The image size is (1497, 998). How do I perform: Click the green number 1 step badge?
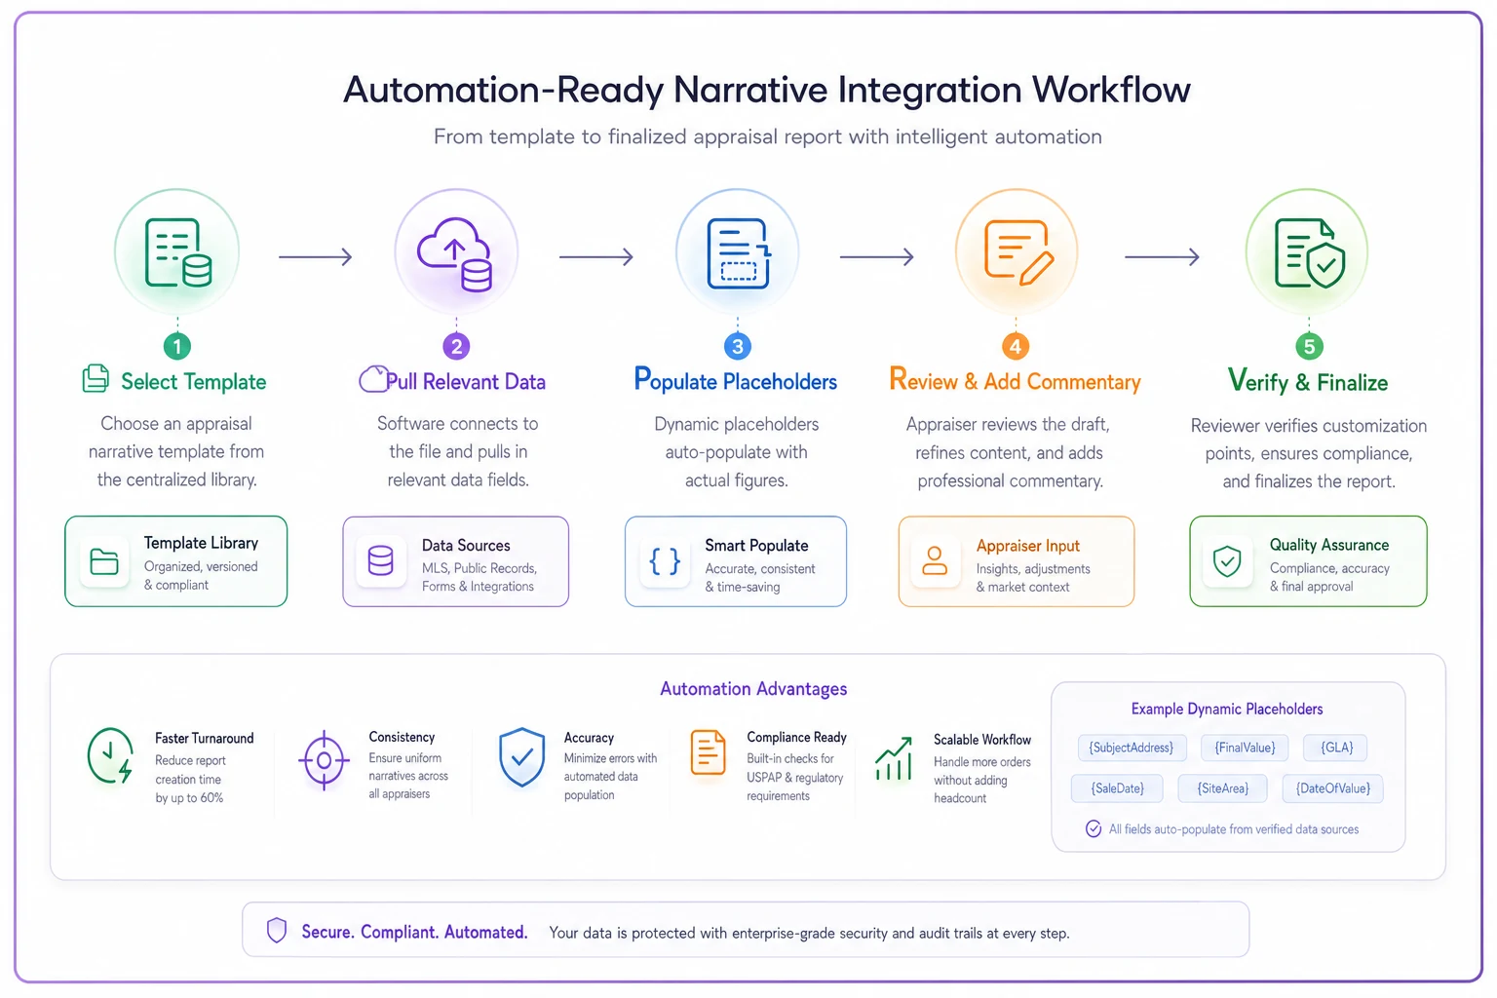pos(177,346)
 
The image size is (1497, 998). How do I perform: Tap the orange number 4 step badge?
pos(1016,346)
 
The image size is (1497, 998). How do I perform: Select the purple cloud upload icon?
pos(455,254)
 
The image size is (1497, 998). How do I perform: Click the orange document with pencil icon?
pos(1018,252)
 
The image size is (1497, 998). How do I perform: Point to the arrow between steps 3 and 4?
pos(877,256)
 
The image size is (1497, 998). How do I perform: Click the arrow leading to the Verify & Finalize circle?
pos(1162,256)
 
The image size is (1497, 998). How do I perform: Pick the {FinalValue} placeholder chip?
pos(1245,748)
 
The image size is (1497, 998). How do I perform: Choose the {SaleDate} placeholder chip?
pos(1117,788)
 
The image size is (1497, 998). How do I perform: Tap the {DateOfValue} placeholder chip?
pos(1332,788)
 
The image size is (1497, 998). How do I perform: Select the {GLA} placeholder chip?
pos(1336,748)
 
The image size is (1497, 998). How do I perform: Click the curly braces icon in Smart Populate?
pos(665,561)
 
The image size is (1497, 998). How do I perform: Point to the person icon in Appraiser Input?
pos(935,560)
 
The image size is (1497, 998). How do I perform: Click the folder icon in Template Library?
pos(104,561)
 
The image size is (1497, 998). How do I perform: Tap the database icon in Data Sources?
pos(380,560)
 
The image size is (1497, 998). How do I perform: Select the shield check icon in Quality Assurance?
pos(1227,560)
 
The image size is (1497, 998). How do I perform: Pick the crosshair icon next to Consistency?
pos(325,760)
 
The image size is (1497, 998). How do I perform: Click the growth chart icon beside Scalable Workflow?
pos(894,758)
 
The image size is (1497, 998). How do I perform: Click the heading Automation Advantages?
pos(753,688)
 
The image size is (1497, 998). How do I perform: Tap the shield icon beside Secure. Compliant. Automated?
pos(277,930)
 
